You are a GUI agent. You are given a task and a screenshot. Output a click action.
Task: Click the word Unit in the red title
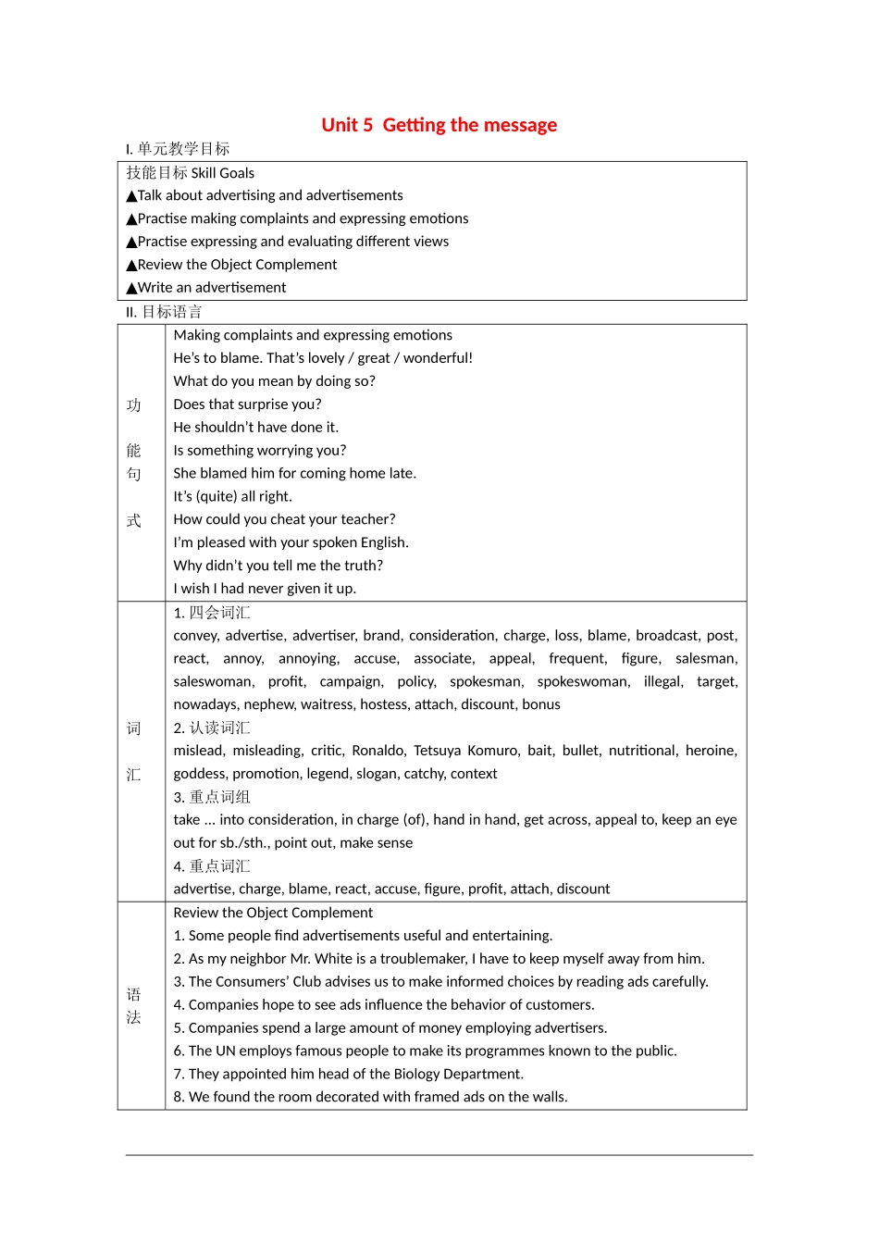tap(340, 125)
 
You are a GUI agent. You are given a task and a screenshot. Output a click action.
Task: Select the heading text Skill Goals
tap(222, 173)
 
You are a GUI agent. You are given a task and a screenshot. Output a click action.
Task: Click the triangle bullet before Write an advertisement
tap(131, 289)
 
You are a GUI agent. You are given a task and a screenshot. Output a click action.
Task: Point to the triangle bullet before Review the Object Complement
tap(131, 266)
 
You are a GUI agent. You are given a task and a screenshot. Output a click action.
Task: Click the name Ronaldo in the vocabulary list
tap(378, 751)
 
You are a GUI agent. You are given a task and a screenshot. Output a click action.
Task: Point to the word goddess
tap(199, 774)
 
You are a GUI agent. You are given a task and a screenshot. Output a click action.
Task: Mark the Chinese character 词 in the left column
tap(133, 728)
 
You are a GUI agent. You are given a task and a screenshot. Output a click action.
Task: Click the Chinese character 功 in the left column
tap(133, 405)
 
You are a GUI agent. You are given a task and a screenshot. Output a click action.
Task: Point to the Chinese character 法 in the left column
tap(133, 1017)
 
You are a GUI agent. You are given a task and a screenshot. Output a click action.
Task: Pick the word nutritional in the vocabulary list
tap(642, 751)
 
